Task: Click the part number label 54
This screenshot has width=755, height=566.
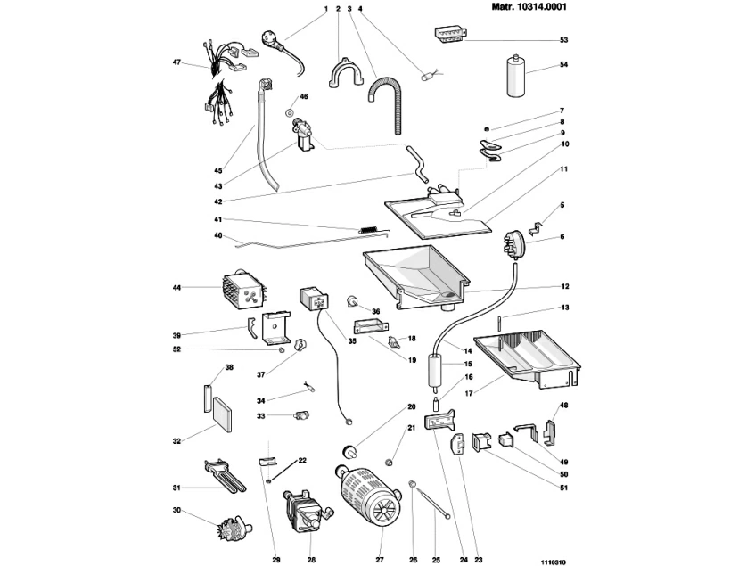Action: coord(563,65)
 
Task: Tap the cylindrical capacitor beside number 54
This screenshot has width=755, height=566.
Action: coord(513,75)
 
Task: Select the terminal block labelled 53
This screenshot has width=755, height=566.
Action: coord(447,34)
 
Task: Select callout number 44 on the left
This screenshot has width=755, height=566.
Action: coord(176,287)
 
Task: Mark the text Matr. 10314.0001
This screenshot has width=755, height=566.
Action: coord(529,7)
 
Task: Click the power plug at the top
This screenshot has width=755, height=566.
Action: coord(270,38)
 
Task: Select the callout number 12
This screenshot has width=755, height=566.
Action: coord(563,287)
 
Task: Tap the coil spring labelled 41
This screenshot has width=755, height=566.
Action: coord(369,230)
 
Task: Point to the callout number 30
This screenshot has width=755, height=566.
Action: coord(176,511)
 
